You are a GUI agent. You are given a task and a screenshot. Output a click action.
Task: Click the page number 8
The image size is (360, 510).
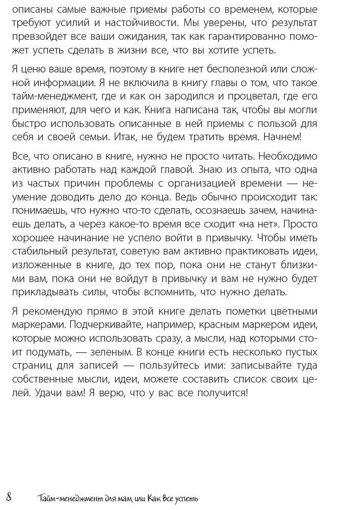(9, 497)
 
